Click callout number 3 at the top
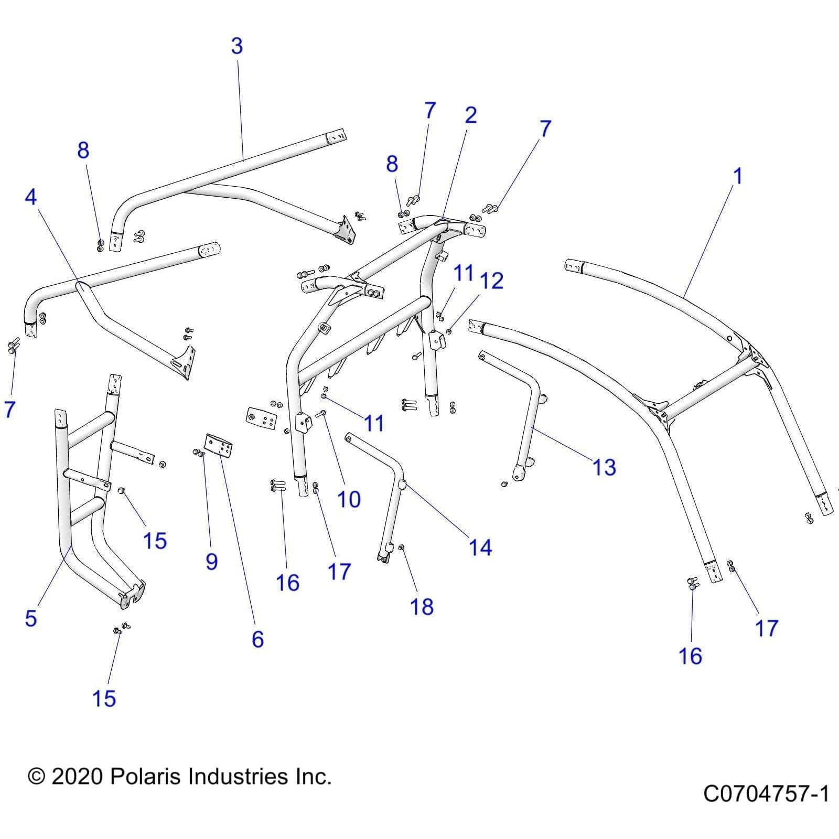click(x=237, y=46)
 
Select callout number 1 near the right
click(x=737, y=176)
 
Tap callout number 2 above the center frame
click(x=470, y=115)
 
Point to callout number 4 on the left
click(x=31, y=197)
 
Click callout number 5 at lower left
click(x=31, y=619)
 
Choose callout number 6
click(x=257, y=639)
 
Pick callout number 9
click(x=211, y=562)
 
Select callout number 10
click(x=349, y=500)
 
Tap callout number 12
click(x=492, y=281)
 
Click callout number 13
click(x=604, y=467)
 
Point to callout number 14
click(x=480, y=547)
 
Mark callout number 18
click(x=422, y=607)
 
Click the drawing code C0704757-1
click(x=766, y=794)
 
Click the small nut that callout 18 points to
click(x=402, y=548)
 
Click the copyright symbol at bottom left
click(x=36, y=777)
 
